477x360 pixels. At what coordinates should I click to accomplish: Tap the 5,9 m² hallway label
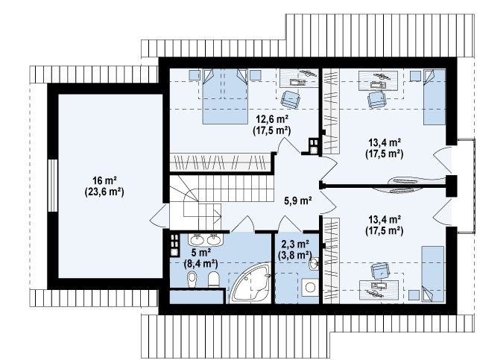297,200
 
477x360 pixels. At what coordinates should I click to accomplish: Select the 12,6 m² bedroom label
272,118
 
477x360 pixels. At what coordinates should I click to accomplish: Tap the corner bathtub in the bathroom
250,283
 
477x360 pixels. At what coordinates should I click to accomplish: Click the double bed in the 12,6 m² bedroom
225,96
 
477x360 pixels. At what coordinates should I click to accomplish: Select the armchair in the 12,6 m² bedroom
291,99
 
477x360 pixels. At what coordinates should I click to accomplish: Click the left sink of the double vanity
197,240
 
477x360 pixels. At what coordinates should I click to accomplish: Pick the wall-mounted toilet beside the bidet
214,279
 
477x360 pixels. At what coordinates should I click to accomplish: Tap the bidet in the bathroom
192,280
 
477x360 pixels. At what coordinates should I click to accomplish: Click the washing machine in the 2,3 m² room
310,287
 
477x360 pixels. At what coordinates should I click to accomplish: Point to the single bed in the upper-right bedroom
435,97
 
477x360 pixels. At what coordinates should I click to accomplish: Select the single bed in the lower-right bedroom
432,274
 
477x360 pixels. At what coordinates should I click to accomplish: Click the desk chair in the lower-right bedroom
381,271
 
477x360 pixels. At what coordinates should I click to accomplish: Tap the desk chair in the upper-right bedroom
376,99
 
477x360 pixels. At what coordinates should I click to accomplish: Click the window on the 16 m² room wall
53,186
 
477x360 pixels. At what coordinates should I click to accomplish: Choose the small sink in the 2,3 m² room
314,263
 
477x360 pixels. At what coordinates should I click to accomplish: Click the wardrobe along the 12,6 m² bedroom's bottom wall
220,162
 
